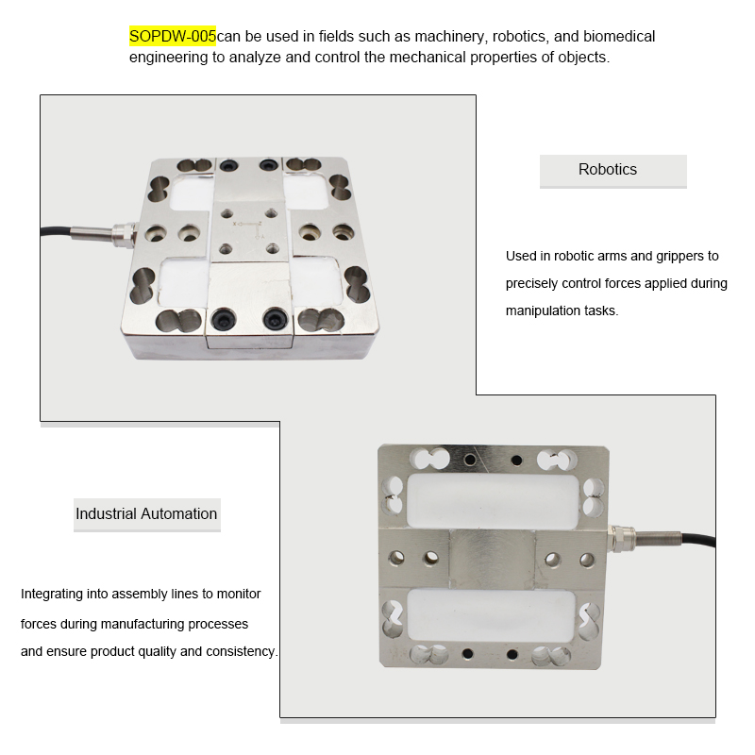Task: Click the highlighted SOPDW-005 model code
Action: click(173, 37)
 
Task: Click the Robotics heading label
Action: click(608, 170)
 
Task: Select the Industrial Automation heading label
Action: click(146, 514)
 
